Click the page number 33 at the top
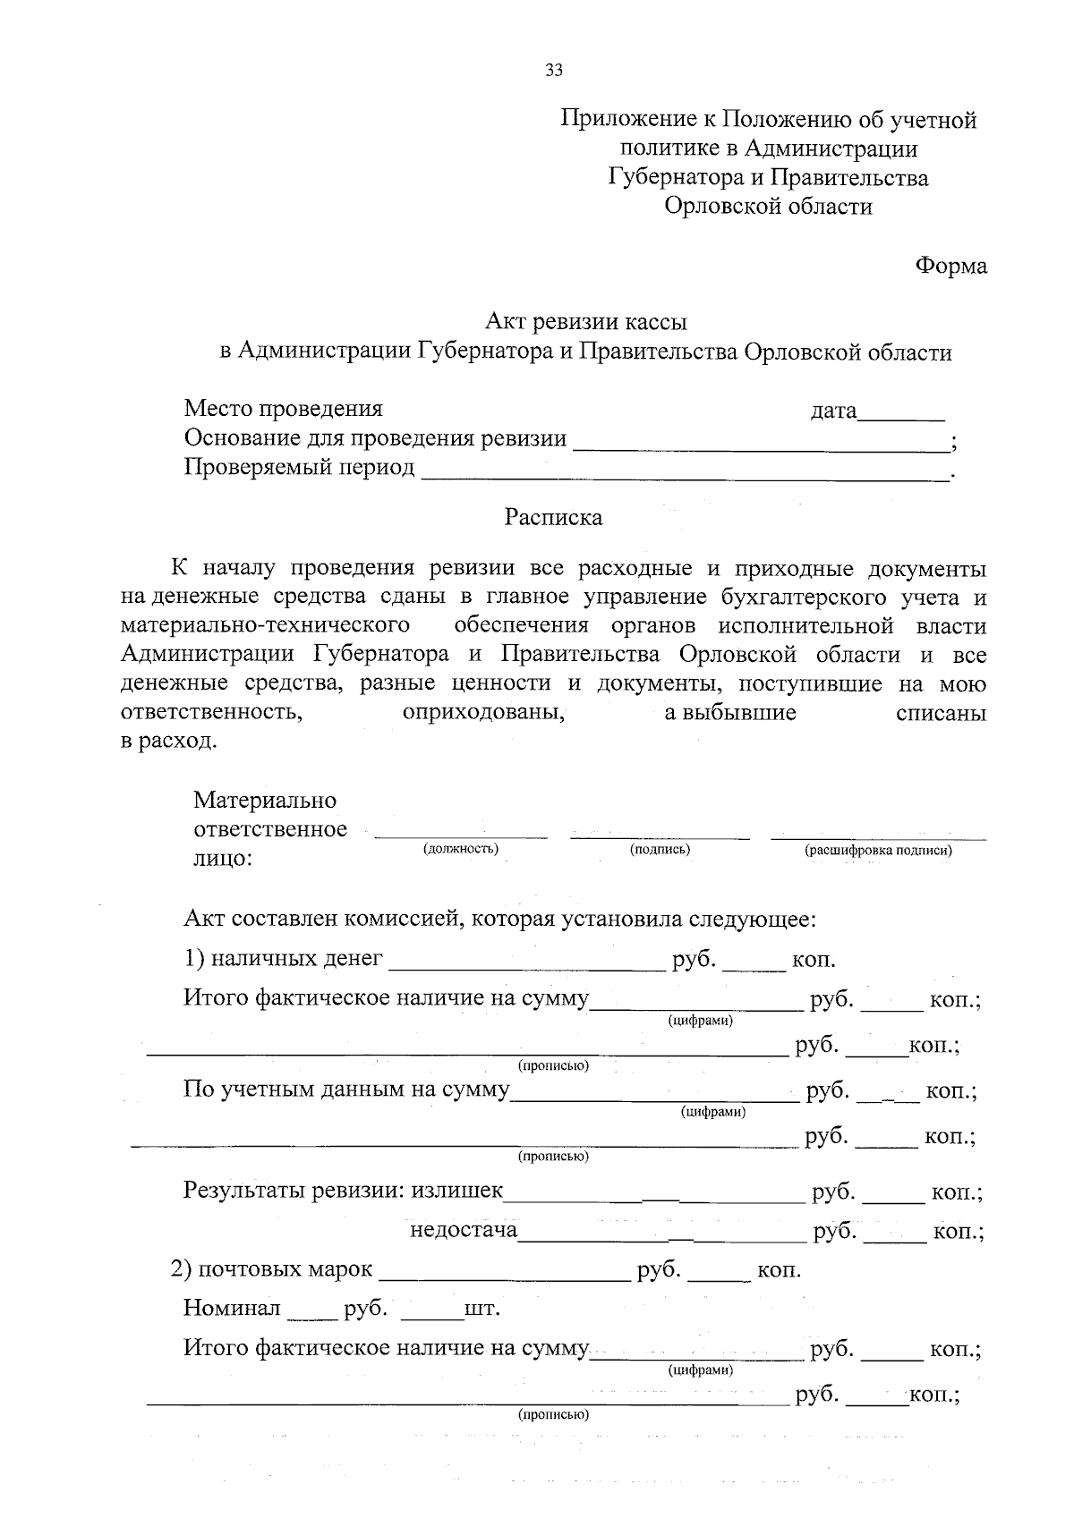pos(554,71)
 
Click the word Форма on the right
pos(950,266)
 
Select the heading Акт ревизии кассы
pos(586,321)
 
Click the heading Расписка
pos(553,517)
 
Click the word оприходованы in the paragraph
pos(483,713)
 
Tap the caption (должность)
pos(460,848)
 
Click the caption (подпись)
pos(660,849)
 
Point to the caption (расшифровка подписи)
pos(878,850)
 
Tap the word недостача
pos(464,1231)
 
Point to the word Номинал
pos(232,1309)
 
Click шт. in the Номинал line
pos(482,1310)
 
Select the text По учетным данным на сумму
pos(346,1090)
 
